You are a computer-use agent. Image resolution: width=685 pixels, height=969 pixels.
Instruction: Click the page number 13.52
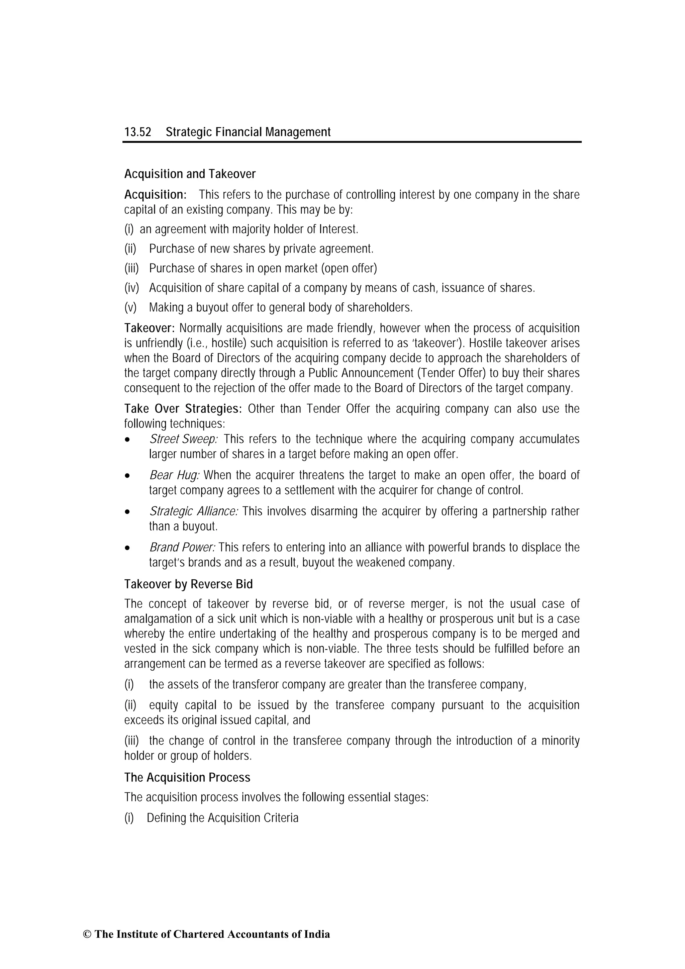pos(137,132)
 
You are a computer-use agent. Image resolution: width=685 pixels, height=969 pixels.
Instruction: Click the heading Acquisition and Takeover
pos(190,174)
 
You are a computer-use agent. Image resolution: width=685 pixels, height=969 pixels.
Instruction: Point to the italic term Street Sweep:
pos(184,439)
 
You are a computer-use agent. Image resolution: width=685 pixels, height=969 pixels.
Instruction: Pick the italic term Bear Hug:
pos(174,475)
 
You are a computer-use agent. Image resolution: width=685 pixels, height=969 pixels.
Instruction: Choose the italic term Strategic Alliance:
pos(194,511)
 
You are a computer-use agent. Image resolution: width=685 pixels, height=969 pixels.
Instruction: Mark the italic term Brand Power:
pos(182,548)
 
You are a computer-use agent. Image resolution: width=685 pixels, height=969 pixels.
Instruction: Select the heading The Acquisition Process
pos(187,777)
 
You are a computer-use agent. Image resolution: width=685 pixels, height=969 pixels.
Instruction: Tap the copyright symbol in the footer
pos(87,946)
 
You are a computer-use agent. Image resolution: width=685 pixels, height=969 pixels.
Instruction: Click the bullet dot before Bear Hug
pos(127,476)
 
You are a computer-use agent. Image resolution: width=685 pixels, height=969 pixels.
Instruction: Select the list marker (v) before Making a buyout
pos(130,308)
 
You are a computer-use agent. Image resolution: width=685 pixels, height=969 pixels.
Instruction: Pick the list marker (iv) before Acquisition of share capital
pos(131,288)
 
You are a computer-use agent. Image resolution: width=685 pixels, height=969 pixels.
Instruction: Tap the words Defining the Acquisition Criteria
pos(222,818)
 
